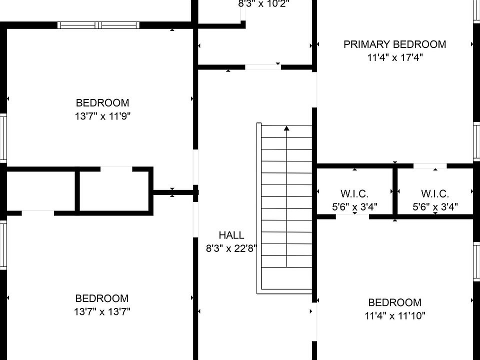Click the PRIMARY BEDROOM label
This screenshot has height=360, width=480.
394,44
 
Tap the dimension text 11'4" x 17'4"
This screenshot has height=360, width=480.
394,57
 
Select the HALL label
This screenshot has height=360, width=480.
231,235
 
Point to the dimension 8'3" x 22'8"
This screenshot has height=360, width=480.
231,248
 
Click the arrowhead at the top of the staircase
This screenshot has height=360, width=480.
286,128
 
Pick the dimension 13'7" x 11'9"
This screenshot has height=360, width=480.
102,116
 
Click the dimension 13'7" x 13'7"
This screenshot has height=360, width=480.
102,312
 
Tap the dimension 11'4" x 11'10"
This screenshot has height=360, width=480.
394,316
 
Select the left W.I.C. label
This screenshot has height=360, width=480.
354,194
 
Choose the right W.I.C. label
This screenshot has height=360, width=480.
434,194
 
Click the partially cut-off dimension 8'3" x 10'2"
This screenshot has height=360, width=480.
263,4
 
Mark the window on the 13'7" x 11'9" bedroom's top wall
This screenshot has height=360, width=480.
98,25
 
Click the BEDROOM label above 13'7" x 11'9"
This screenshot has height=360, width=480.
102,103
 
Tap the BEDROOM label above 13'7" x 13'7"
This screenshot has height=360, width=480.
102,298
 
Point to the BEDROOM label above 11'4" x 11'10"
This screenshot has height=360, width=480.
394,302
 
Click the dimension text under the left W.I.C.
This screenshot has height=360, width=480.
354,206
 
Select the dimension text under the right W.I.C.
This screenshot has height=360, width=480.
434,206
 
